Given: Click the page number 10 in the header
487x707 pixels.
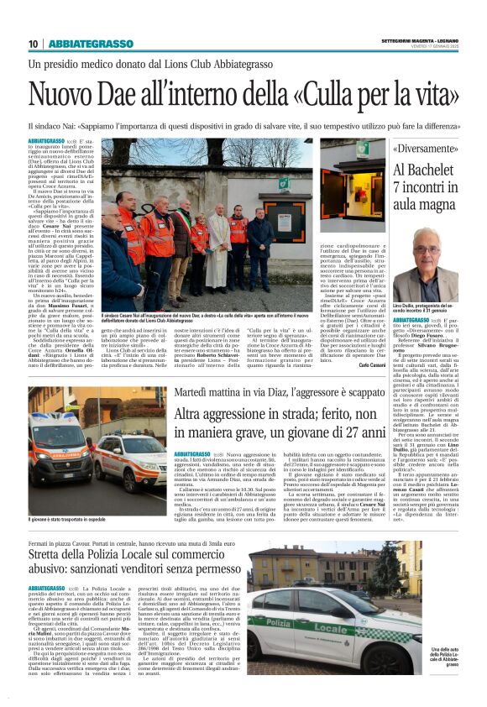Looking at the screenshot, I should click(x=33, y=44).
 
